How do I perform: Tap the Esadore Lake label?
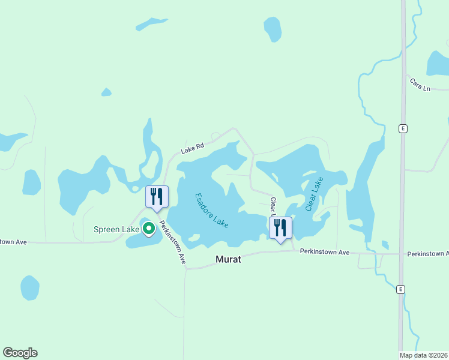click(212, 210)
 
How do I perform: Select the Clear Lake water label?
click(314, 194)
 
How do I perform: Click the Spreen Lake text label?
click(116, 229)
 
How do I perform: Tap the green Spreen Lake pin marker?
click(148, 229)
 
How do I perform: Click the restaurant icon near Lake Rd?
click(157, 197)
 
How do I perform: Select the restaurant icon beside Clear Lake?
click(280, 229)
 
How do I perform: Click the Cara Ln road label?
click(420, 84)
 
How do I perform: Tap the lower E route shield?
click(400, 289)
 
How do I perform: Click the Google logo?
click(20, 353)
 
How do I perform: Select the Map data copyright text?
click(424, 355)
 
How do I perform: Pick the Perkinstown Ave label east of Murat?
click(325, 253)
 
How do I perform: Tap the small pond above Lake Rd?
click(106, 92)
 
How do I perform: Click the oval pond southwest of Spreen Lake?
click(30, 288)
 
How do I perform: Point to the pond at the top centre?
click(273, 28)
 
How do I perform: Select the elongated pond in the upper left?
click(151, 24)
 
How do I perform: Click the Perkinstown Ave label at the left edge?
click(13, 242)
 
